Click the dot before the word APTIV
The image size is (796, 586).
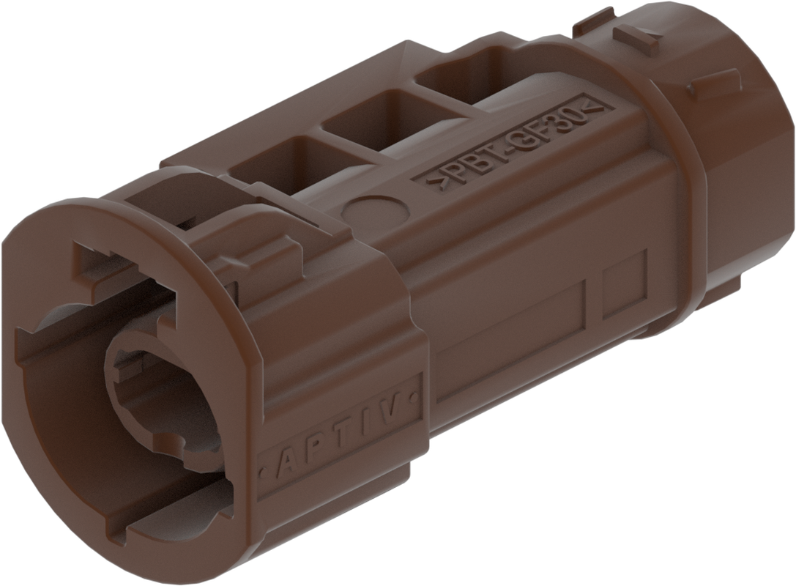pos(263,474)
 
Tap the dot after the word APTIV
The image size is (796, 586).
pos(416,396)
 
